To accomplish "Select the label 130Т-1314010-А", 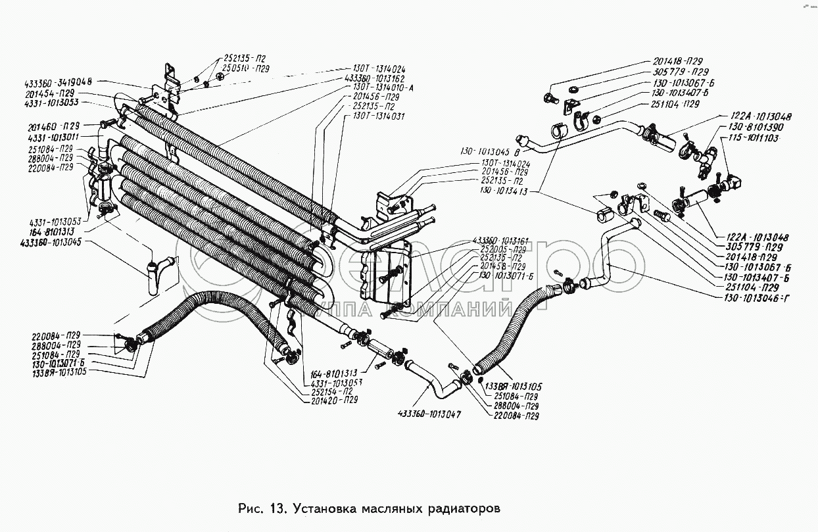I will (379, 87).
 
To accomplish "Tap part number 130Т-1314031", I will (378, 116).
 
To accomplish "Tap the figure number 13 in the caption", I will (277, 508).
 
